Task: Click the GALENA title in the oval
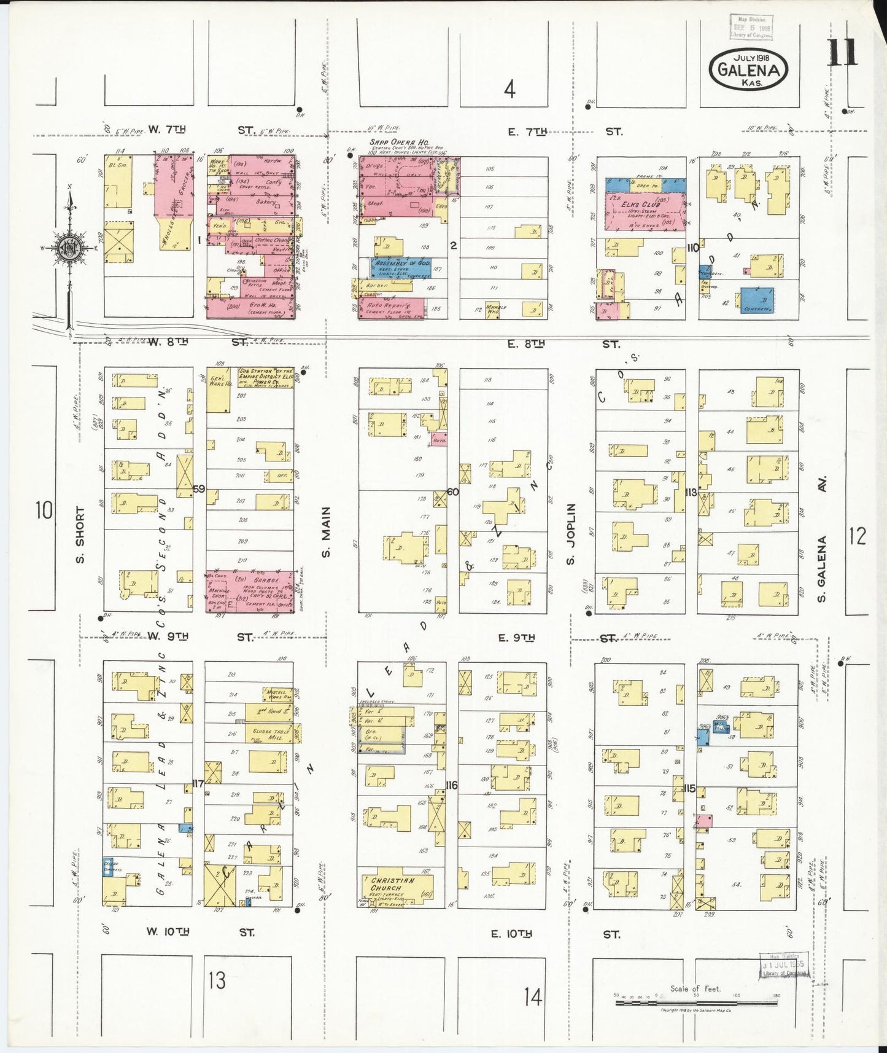tap(748, 69)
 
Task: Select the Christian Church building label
tap(393, 884)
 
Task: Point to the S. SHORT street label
tap(79, 534)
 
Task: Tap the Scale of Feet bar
tap(695, 1003)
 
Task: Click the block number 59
tap(198, 489)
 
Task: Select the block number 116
tap(452, 785)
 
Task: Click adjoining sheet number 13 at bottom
tap(216, 979)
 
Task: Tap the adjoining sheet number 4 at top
tap(509, 90)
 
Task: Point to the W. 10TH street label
tap(166, 931)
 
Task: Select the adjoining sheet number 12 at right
tap(857, 536)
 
